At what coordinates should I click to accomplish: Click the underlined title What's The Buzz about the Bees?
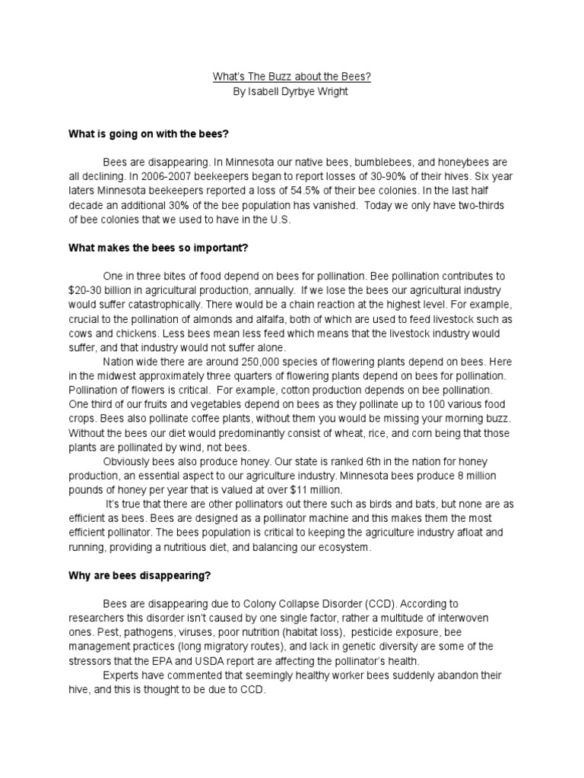[293, 77]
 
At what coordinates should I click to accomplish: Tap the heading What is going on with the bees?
[148, 134]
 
